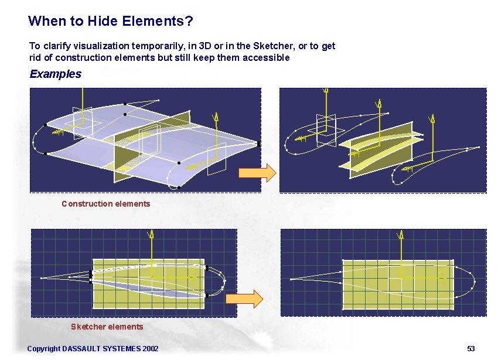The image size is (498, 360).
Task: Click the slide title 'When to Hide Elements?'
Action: pyautogui.click(x=111, y=22)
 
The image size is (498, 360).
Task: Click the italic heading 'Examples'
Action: pyautogui.click(x=56, y=74)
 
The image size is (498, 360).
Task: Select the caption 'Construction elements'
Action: pyautogui.click(x=106, y=204)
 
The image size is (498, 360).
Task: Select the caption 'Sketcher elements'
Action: pyautogui.click(x=107, y=327)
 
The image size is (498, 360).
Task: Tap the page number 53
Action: pyautogui.click(x=470, y=349)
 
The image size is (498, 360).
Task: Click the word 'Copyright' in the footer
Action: pyautogui.click(x=43, y=349)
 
